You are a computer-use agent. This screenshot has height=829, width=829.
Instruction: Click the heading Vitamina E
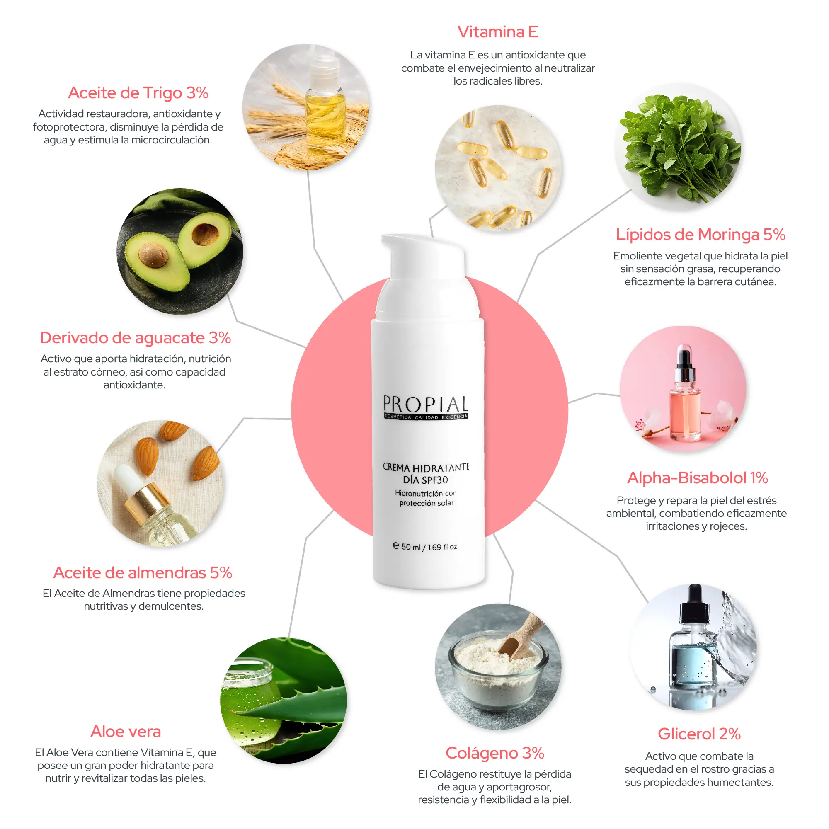pos(498,32)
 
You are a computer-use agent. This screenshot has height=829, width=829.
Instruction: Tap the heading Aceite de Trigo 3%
pos(138,93)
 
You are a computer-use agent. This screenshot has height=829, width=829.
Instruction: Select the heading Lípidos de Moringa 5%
pos(700,235)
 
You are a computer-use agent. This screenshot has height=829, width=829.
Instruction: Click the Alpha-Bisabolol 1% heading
pos(697,478)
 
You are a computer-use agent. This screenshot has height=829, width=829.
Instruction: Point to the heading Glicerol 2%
pos(699,734)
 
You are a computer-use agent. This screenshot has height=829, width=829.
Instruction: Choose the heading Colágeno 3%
pos(495,754)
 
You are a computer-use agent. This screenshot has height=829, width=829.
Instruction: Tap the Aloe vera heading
pos(126,732)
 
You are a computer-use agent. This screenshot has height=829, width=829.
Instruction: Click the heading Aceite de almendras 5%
pos(143,573)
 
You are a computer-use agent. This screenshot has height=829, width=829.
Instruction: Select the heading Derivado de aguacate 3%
pos(135,338)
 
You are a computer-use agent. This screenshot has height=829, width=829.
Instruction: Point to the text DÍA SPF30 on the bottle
pos(425,480)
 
